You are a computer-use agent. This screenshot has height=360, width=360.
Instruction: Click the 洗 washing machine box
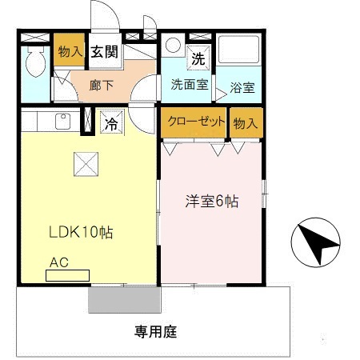197,58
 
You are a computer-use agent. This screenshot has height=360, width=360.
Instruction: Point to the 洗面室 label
189,84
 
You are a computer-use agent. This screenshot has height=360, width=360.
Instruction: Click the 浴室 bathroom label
242,88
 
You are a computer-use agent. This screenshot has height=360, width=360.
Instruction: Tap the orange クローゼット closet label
194,122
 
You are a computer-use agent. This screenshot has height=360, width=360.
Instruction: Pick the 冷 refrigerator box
110,123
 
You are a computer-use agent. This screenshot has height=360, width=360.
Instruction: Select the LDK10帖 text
81,233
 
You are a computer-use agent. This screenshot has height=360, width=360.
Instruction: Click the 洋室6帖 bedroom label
211,202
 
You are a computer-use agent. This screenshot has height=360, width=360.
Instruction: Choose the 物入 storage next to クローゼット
246,122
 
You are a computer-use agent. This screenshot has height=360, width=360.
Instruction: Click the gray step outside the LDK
124,298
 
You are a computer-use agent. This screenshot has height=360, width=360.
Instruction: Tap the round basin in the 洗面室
173,46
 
